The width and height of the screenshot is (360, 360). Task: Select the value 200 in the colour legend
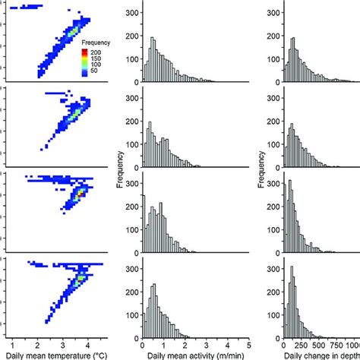97,53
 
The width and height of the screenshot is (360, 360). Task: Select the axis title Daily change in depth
320,353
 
